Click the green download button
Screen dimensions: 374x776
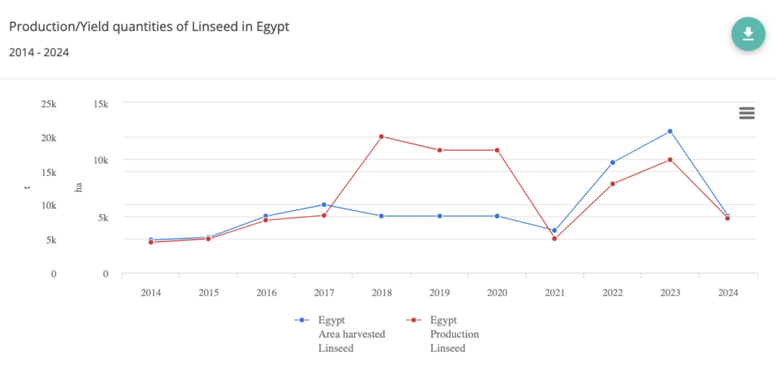click(x=748, y=34)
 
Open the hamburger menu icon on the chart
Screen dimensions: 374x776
click(x=746, y=113)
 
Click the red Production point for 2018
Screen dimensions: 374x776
click(x=381, y=137)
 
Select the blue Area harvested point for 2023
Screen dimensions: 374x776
click(x=670, y=131)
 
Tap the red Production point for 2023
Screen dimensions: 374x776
click(x=670, y=159)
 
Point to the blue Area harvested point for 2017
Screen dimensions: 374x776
click(x=324, y=205)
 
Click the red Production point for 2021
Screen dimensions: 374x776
click(x=555, y=239)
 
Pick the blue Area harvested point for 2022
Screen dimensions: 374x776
click(x=612, y=162)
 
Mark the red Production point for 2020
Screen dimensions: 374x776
click(x=497, y=150)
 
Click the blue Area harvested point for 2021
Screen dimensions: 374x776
click(x=555, y=231)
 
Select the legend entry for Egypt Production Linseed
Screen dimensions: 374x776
click(x=447, y=334)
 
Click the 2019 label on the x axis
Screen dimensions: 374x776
click(x=439, y=292)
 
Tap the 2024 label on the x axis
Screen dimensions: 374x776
click(x=727, y=292)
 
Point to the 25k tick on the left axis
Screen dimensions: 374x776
click(x=48, y=103)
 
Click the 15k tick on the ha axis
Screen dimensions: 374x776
click(x=100, y=103)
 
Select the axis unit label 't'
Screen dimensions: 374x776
click(x=28, y=187)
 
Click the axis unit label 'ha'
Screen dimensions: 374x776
click(x=77, y=187)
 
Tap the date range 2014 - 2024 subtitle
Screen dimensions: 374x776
click(x=39, y=52)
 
